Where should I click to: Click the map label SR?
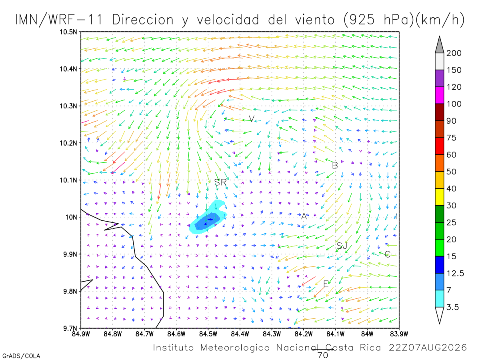[220, 182]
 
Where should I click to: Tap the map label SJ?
[342, 246]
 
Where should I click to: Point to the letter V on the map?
[252, 119]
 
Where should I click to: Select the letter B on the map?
[335, 166]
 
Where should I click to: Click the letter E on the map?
[326, 284]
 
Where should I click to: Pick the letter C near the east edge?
[387, 254]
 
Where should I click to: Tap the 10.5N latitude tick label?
[68, 32]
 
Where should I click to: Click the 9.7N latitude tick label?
[70, 328]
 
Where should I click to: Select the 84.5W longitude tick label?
[208, 334]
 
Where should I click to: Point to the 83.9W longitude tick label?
[399, 334]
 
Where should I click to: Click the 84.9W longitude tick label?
[81, 334]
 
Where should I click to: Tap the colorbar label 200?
[454, 53]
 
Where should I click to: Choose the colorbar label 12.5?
[455, 273]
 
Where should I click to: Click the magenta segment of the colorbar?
[439, 95]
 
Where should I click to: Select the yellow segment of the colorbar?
[439, 197]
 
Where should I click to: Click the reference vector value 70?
[323, 355]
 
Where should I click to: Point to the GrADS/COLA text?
[21, 356]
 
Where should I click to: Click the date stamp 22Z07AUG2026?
[428, 348]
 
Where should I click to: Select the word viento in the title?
[315, 20]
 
